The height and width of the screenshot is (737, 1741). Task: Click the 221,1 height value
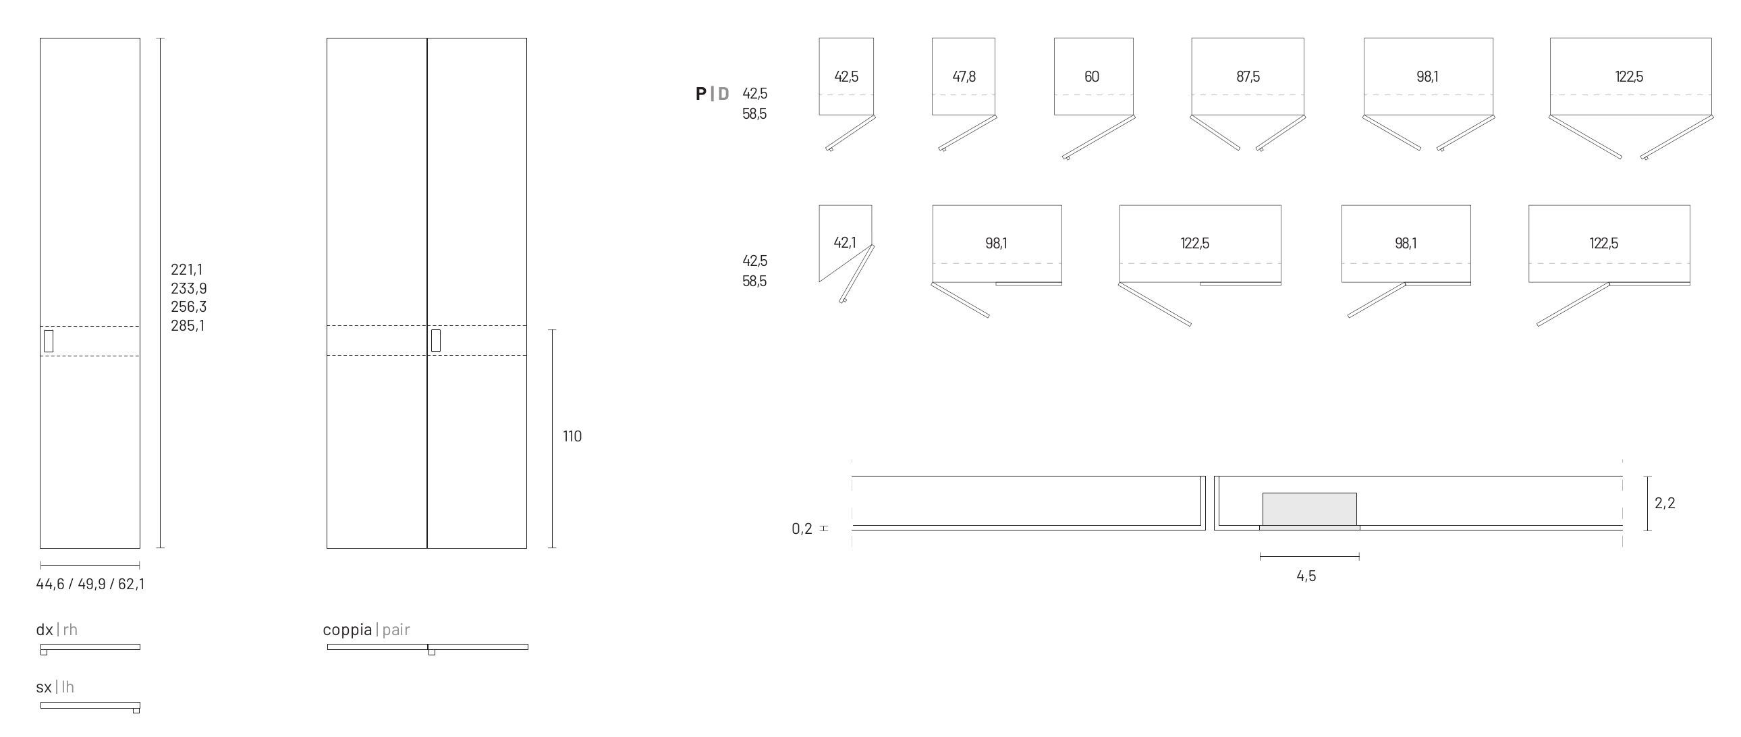[x=186, y=270]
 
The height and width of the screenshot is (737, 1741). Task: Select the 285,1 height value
[x=187, y=326]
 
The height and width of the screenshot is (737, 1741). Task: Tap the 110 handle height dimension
[x=572, y=437]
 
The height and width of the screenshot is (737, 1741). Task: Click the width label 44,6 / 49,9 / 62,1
[x=90, y=584]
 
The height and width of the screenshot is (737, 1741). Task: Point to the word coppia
[x=347, y=630]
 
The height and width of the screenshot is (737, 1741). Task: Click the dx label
[x=45, y=630]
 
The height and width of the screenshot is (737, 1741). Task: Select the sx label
[x=44, y=688]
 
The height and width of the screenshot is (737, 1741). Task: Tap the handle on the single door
[x=49, y=342]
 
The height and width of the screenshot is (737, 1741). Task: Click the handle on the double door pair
[x=436, y=341]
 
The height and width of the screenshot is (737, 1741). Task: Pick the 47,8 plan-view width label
[x=964, y=77]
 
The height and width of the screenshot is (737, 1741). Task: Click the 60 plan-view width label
[x=1092, y=77]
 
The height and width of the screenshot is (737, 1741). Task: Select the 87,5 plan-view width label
[x=1248, y=77]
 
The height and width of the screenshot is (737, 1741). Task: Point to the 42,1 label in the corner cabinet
[x=845, y=243]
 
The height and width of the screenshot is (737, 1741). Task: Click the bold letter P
[x=701, y=94]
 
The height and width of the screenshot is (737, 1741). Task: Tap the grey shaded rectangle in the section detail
[x=1309, y=509]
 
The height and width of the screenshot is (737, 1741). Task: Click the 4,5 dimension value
[x=1306, y=577]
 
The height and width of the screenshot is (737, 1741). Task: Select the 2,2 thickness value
[x=1665, y=503]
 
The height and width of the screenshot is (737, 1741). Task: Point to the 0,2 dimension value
[x=802, y=528]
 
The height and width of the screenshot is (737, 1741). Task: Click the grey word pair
[x=396, y=630]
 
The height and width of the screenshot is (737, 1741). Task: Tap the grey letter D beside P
[x=723, y=94]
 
